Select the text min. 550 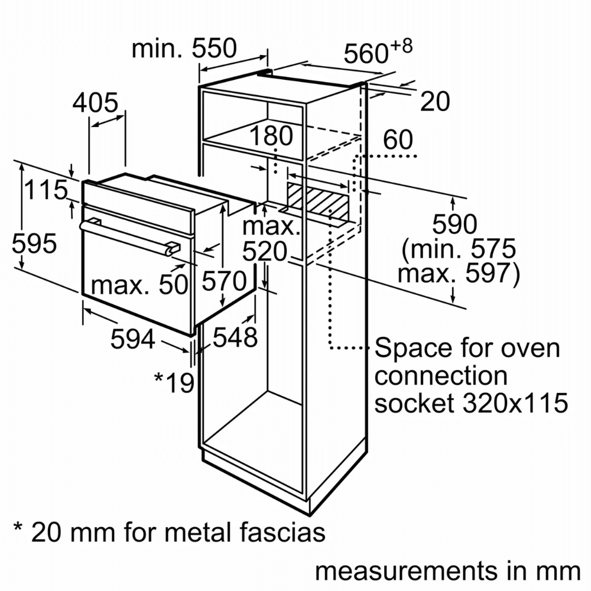pos(184,48)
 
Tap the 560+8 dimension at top pos(377,53)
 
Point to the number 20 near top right pos(435,102)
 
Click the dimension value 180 pos(271,137)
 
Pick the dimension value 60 pos(398,140)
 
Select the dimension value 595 pos(34,243)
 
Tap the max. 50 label pos(139,285)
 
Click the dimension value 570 pos(223,281)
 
